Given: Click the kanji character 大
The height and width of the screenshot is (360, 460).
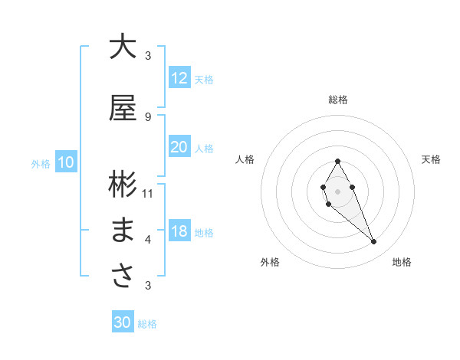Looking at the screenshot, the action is click(x=123, y=47).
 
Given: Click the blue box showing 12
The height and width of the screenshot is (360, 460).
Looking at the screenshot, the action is click(x=179, y=78).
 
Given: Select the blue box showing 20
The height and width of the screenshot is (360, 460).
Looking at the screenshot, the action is click(x=179, y=147).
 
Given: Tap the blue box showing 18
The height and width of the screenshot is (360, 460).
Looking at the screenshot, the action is click(x=179, y=231).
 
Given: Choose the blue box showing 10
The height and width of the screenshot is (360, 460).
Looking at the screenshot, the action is click(x=66, y=162).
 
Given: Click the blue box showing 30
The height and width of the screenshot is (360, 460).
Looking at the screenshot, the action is click(x=123, y=322).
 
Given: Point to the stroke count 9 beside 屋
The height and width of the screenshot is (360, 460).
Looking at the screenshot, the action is click(x=148, y=116).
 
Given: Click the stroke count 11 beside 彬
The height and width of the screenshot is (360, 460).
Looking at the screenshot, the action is click(x=148, y=193).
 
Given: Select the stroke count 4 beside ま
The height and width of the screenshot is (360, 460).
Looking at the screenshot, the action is click(x=148, y=240).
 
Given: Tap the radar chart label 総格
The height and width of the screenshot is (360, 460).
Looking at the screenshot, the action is click(x=338, y=100).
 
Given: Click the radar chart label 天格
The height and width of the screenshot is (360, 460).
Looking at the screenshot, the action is click(x=431, y=159).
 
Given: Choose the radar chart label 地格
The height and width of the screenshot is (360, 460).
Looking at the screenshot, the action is click(x=402, y=262).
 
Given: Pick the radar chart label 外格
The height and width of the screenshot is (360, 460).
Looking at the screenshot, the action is click(x=270, y=262).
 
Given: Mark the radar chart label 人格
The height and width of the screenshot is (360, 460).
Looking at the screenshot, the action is click(x=245, y=159).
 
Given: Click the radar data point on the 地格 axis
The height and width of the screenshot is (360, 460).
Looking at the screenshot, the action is click(x=373, y=242).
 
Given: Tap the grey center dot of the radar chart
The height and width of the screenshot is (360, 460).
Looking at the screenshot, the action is click(x=337, y=190).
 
